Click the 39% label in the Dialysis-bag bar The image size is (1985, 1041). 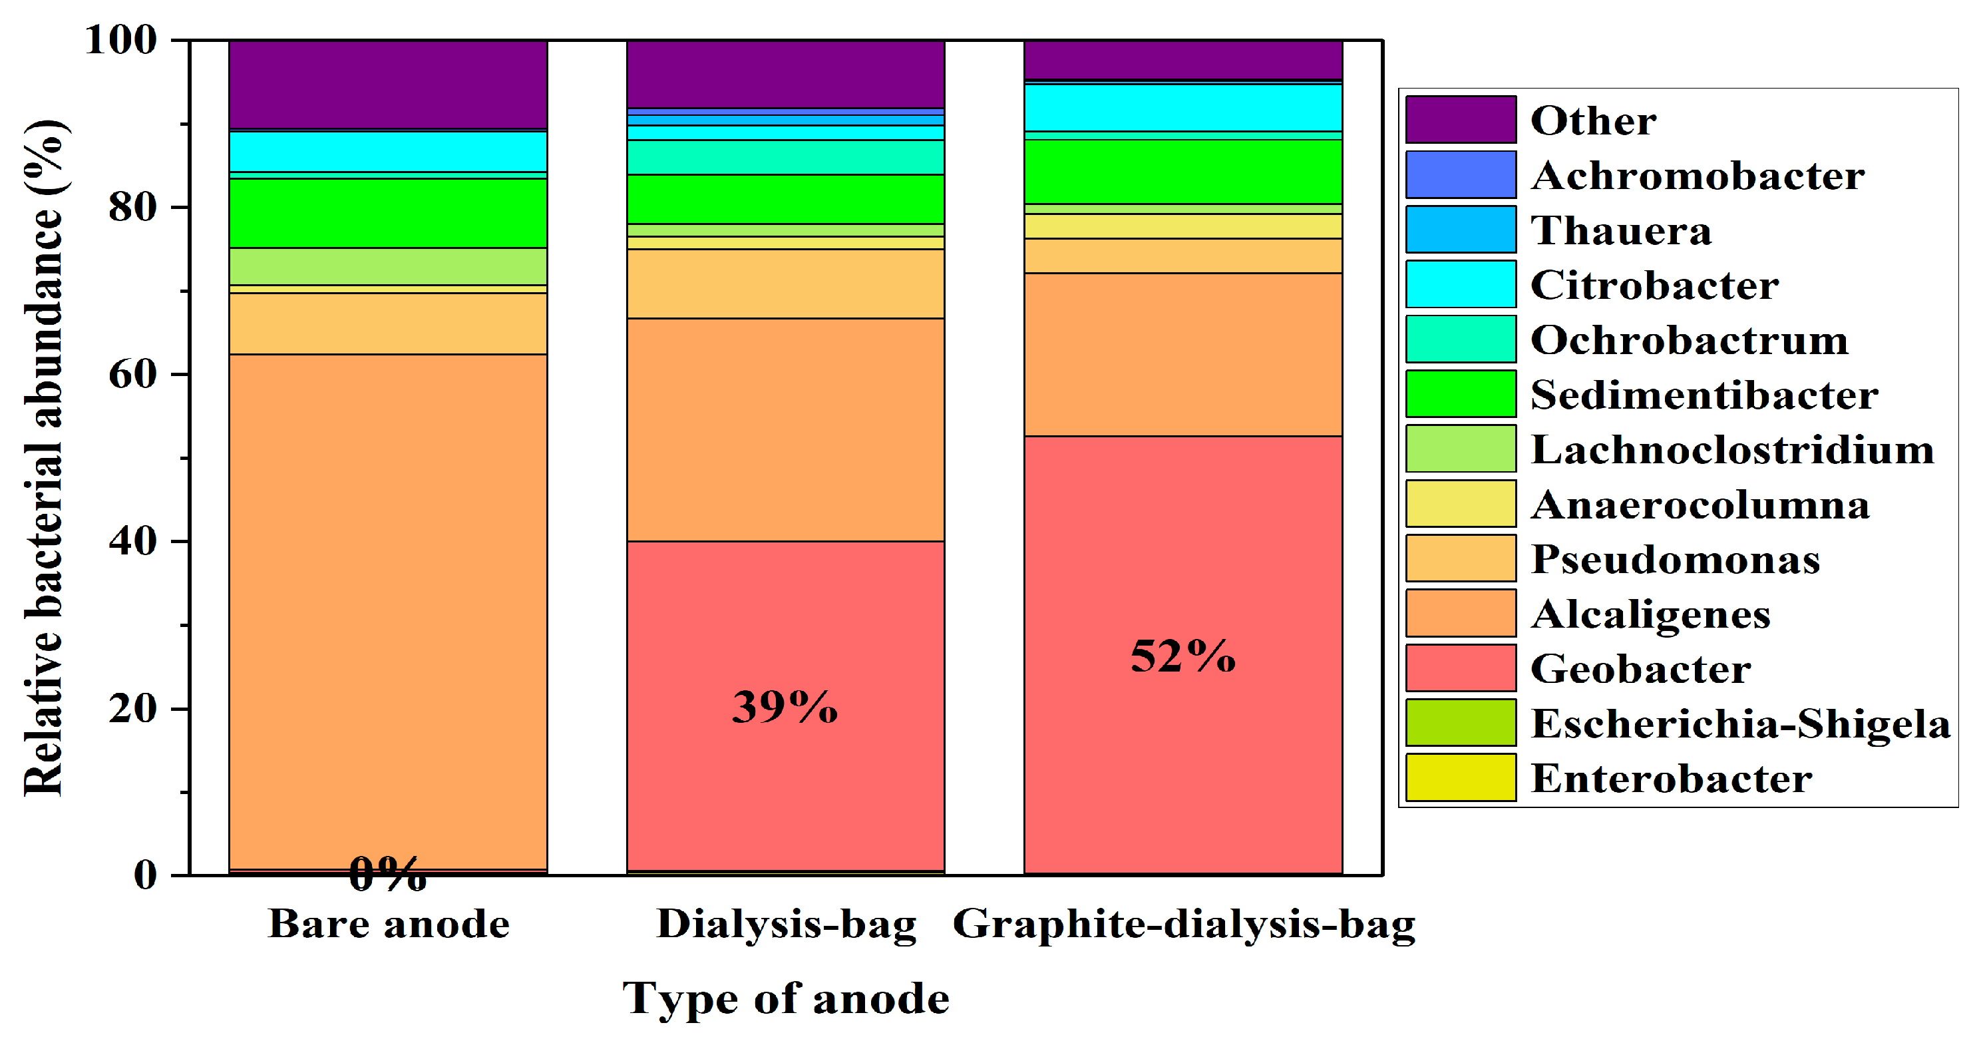coord(785,708)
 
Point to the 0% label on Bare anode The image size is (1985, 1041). coord(387,875)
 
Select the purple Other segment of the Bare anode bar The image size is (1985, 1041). coord(387,85)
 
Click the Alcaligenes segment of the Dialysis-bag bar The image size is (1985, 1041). coord(785,429)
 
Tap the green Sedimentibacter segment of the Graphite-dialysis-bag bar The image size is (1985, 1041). coord(1183,171)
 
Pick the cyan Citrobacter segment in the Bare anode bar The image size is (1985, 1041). coord(387,152)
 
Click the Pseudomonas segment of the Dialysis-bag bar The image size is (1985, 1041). coord(785,284)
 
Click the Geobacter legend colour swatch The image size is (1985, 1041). coord(1460,668)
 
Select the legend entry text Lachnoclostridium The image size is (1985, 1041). coord(1731,450)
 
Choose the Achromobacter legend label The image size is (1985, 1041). coord(1697,176)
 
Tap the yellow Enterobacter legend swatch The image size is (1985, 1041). coord(1460,778)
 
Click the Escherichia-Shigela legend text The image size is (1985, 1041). coord(1740,724)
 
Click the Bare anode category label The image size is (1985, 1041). coord(389,924)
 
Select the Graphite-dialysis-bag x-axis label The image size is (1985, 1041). coord(1184,924)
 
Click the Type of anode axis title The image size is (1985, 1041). coord(785,999)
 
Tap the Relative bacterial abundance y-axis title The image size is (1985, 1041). coord(43,458)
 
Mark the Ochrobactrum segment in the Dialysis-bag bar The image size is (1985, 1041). coord(785,157)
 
